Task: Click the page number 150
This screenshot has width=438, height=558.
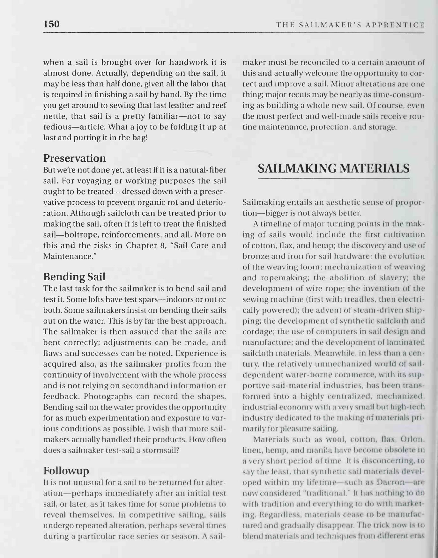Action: click(51, 24)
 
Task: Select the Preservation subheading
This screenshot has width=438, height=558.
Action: click(75, 158)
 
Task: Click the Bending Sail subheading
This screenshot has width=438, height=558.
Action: click(74, 276)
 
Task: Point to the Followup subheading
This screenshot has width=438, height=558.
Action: click(66, 470)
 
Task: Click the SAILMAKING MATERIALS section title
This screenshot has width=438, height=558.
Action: click(333, 168)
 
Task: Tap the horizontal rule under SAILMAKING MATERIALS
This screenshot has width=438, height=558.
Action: click(333, 179)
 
